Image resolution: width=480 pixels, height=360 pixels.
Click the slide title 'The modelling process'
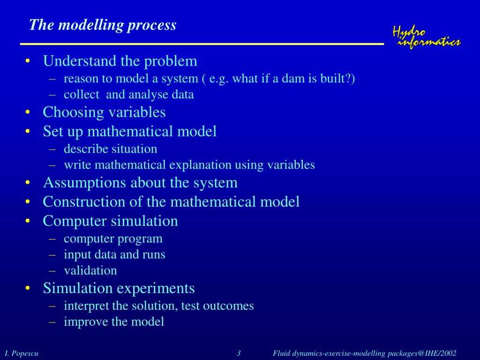[103, 25]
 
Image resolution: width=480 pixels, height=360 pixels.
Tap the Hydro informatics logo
[426, 37]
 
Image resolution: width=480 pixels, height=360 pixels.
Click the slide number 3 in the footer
[239, 353]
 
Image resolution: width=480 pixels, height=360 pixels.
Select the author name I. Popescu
[22, 353]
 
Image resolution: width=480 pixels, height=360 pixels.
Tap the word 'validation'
[90, 270]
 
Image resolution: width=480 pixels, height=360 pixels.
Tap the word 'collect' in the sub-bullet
[82, 94]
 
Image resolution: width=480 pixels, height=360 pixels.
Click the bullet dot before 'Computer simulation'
[29, 221]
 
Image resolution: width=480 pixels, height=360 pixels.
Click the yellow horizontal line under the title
[202, 44]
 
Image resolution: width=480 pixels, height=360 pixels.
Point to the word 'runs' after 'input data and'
[155, 255]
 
